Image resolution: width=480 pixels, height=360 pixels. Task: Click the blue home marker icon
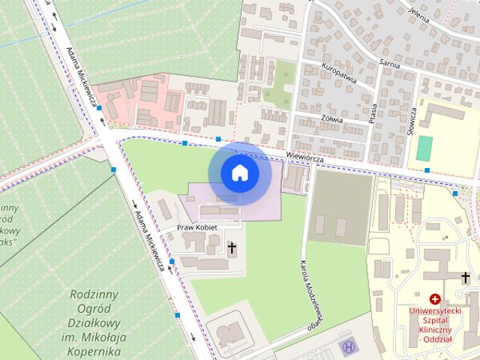pos(239,172)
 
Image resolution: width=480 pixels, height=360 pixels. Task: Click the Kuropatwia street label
pos(339,76)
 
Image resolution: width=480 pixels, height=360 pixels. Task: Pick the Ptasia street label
pos(373,113)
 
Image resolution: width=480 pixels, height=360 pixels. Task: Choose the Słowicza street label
pos(412,119)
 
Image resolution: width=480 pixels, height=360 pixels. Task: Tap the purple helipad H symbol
pos(347,347)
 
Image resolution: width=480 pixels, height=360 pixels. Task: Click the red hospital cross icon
pos(435,298)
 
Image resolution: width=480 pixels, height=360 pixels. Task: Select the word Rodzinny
pos(95,294)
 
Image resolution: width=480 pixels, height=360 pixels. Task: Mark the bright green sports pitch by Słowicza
pos(425,147)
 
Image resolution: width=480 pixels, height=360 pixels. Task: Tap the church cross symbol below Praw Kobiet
pos(232,246)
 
